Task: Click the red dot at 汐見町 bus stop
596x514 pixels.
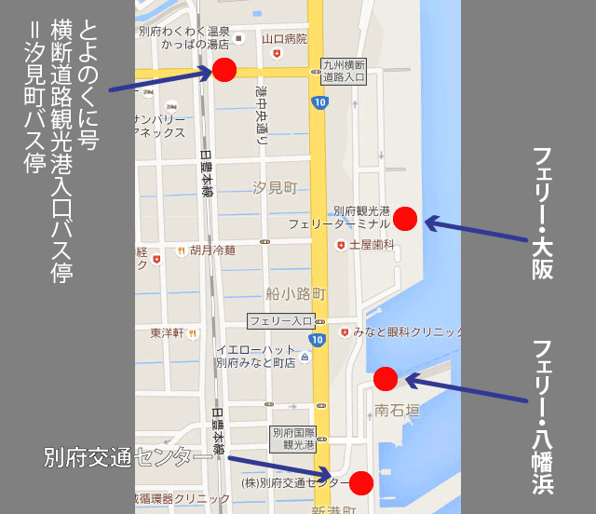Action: [x=224, y=70]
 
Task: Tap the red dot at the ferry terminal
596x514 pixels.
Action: [x=405, y=219]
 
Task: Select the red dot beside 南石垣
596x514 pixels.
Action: [x=386, y=378]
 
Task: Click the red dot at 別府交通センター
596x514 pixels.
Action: [x=361, y=482]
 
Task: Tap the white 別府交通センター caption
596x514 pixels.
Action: [x=129, y=457]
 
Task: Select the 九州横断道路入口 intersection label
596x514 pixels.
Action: [x=344, y=72]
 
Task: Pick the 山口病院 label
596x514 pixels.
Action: [x=285, y=39]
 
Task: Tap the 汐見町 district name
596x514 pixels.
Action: [x=275, y=188]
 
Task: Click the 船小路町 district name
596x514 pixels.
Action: [x=295, y=293]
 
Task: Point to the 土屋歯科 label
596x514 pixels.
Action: [x=372, y=245]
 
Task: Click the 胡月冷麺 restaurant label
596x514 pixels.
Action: [x=212, y=250]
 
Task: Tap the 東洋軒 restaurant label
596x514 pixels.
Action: [x=169, y=332]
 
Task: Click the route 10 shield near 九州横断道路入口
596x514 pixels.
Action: [x=319, y=101]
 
